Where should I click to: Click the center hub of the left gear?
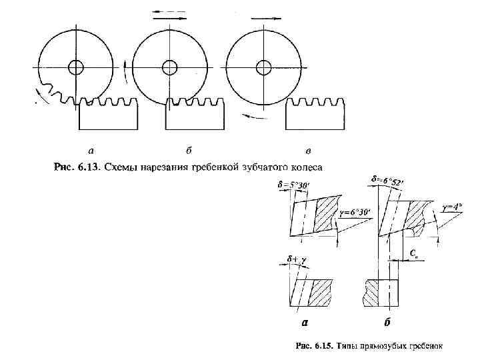pos(75,68)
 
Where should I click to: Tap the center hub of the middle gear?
pos(169,68)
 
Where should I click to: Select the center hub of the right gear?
pos(263,68)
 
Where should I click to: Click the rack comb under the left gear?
pos(109,115)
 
